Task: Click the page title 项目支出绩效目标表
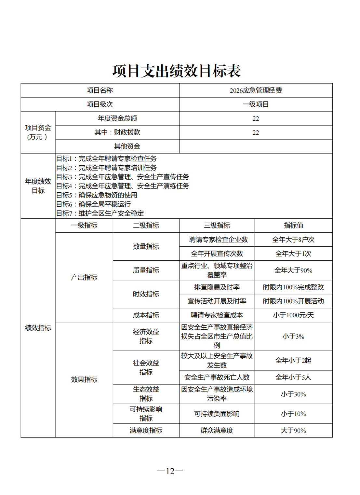tap(176, 71)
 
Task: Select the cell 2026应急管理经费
tap(256, 90)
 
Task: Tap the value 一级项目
tap(256, 104)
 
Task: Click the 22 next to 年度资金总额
tap(256, 118)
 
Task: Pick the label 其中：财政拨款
tap(117, 132)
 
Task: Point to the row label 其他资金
tap(127, 146)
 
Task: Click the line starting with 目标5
tap(97, 195)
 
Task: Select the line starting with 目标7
tap(100, 213)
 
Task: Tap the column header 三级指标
tap(217, 226)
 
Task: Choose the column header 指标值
tap(293, 226)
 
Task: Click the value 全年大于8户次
tap(293, 240)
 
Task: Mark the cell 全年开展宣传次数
tap(217, 254)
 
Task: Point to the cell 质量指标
tap(146, 270)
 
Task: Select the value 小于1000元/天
tap(293, 315)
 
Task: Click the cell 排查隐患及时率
tap(217, 287)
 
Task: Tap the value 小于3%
tap(293, 337)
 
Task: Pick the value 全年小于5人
tap(293, 378)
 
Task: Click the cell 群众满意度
tap(217, 431)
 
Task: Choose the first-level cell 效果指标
tap(84, 379)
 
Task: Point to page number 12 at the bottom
tap(170, 471)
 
